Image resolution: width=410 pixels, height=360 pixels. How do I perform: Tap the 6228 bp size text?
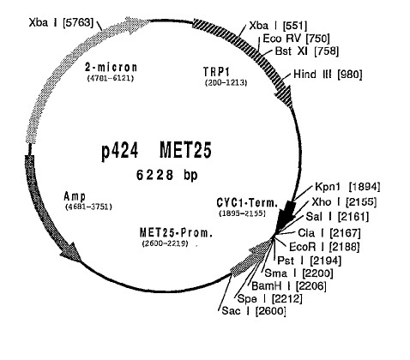tap(166, 175)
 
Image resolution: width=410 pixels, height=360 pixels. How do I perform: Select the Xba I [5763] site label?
tap(61, 22)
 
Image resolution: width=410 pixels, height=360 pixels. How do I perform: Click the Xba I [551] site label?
tap(278, 26)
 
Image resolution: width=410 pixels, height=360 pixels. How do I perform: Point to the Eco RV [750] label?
tap(296, 39)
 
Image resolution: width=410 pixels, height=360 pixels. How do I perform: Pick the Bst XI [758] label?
tap(307, 51)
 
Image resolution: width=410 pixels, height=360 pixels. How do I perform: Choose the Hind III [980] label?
tap(328, 75)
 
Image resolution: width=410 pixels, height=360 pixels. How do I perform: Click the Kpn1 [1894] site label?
tap(347, 187)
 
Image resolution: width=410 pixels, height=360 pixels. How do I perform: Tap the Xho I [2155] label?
tap(344, 202)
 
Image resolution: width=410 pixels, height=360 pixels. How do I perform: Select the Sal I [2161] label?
tap(337, 217)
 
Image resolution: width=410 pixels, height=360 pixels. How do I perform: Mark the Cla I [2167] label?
tap(329, 233)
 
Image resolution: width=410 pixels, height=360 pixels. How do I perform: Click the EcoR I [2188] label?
tap(324, 247)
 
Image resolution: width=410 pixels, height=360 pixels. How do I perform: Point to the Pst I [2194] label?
tap(310, 261)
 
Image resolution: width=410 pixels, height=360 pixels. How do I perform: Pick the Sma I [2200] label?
tap(298, 273)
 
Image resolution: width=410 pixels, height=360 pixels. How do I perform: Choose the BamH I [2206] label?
tap(289, 285)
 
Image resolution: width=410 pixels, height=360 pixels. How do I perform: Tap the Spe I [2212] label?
tap(269, 299)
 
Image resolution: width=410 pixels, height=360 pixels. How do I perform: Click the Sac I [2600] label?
tap(254, 310)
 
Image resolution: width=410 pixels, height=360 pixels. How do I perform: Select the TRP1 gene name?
tap(216, 72)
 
